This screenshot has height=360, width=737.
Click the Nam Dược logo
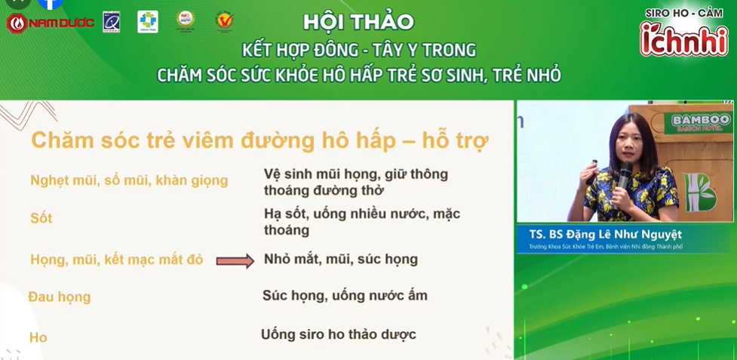(x=51, y=23)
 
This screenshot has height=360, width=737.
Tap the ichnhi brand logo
(x=683, y=38)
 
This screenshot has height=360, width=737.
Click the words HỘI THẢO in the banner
(x=358, y=22)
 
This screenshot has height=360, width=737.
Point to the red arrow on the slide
(x=235, y=261)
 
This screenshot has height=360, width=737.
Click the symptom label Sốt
(x=41, y=218)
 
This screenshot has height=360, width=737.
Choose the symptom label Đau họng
(x=59, y=297)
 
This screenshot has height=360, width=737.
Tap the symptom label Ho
(x=38, y=337)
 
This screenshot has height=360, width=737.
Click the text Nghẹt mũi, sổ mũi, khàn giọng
(x=128, y=180)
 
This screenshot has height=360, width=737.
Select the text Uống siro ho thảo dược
(x=338, y=334)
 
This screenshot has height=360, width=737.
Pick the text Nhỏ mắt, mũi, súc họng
(x=340, y=259)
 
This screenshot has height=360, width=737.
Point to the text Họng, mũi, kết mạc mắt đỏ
(x=116, y=260)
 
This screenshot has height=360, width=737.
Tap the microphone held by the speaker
(x=625, y=177)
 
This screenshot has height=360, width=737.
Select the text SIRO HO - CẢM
(x=683, y=13)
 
